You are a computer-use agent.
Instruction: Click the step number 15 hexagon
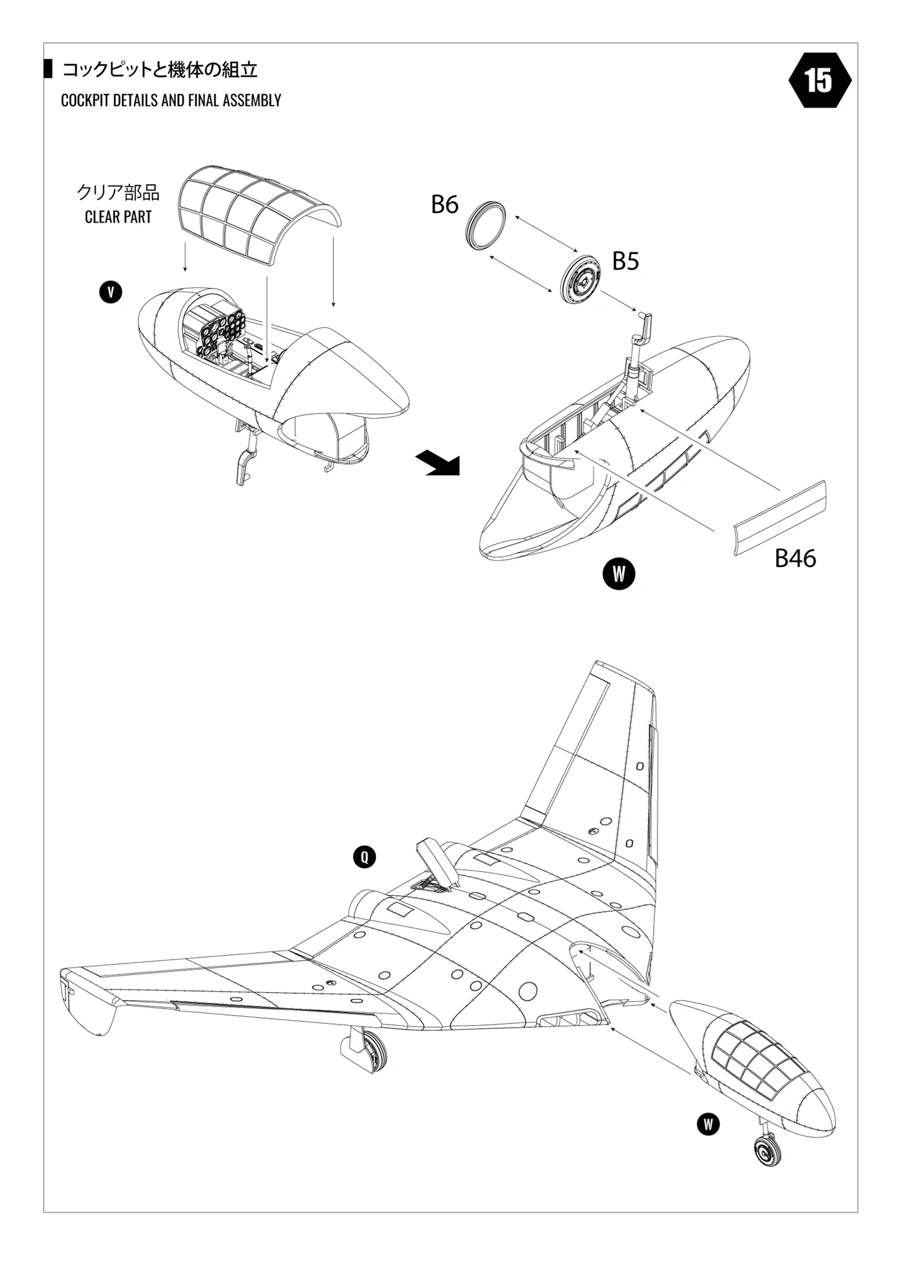point(819,80)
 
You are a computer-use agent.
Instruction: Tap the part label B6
point(444,205)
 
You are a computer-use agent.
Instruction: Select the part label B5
point(625,261)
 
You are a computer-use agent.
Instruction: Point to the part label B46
point(795,558)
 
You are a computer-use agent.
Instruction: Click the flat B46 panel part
point(780,517)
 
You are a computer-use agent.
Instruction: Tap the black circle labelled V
point(111,292)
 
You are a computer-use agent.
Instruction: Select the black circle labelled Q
point(365,857)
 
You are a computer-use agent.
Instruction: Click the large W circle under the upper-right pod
point(618,574)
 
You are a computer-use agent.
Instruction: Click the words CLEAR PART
point(118,217)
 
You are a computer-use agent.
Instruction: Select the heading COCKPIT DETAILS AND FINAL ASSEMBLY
point(171,100)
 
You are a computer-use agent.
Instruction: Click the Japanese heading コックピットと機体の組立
point(160,70)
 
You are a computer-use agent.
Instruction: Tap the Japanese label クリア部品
point(118,192)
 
